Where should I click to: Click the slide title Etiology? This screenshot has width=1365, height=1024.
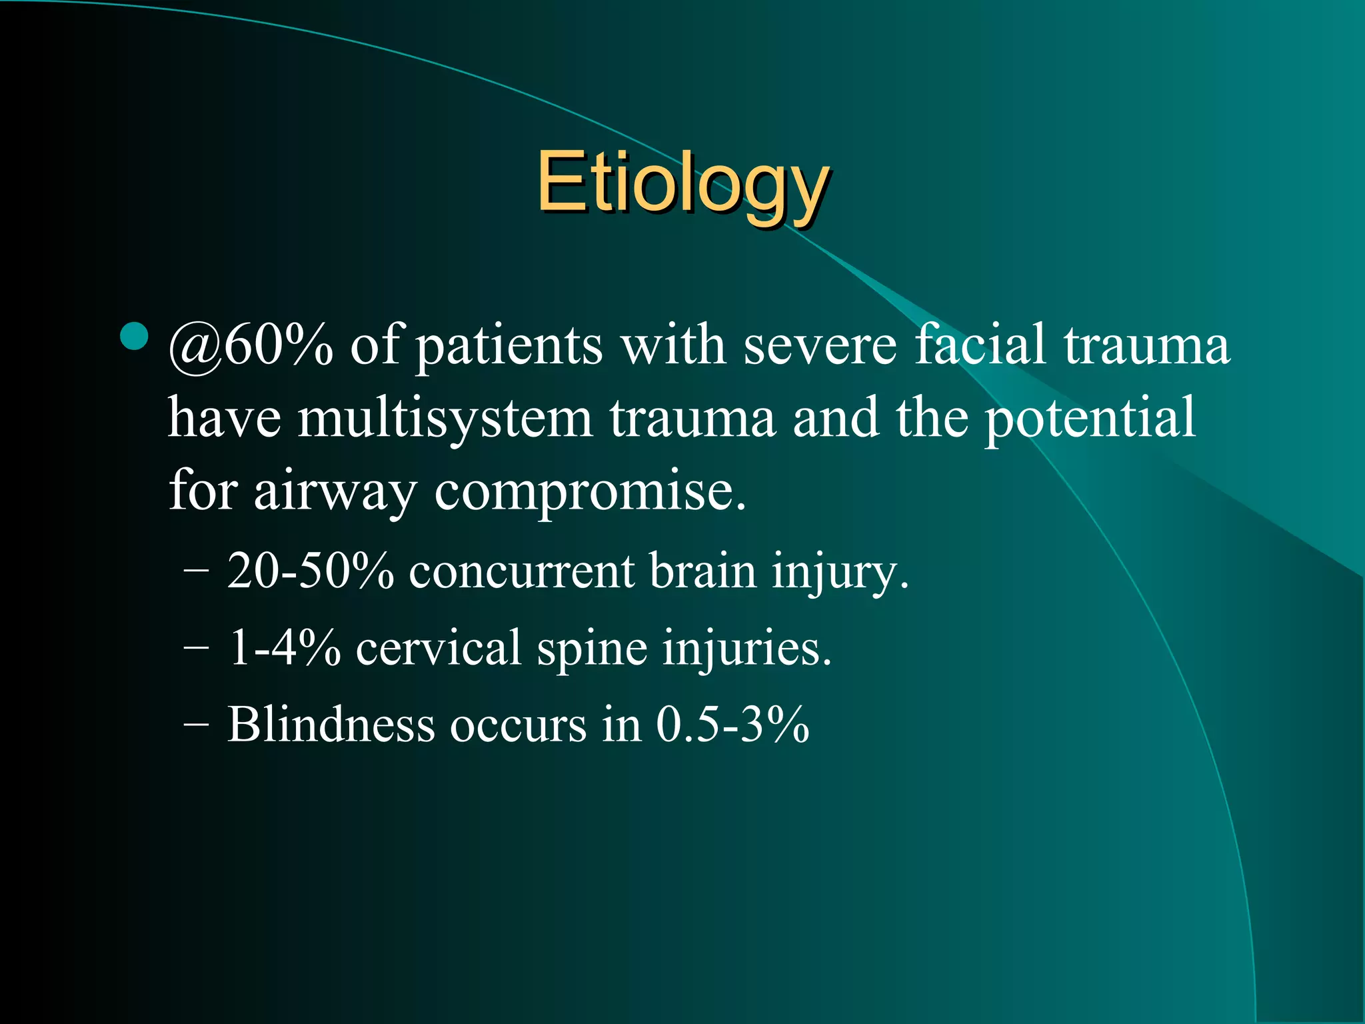pos(682,183)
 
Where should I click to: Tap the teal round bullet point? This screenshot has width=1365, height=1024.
pos(135,337)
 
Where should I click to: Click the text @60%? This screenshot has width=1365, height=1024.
pos(250,347)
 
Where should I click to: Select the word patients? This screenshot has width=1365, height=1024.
pos(510,347)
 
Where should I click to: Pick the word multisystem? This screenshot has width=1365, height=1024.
pos(445,419)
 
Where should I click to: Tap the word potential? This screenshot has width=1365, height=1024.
pos(1090,419)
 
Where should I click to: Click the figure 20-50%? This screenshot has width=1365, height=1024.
pos(310,572)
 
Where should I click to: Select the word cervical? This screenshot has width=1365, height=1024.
pos(438,648)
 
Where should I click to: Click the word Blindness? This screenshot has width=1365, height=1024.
pos(331,725)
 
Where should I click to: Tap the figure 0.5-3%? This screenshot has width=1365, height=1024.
pos(732,725)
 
